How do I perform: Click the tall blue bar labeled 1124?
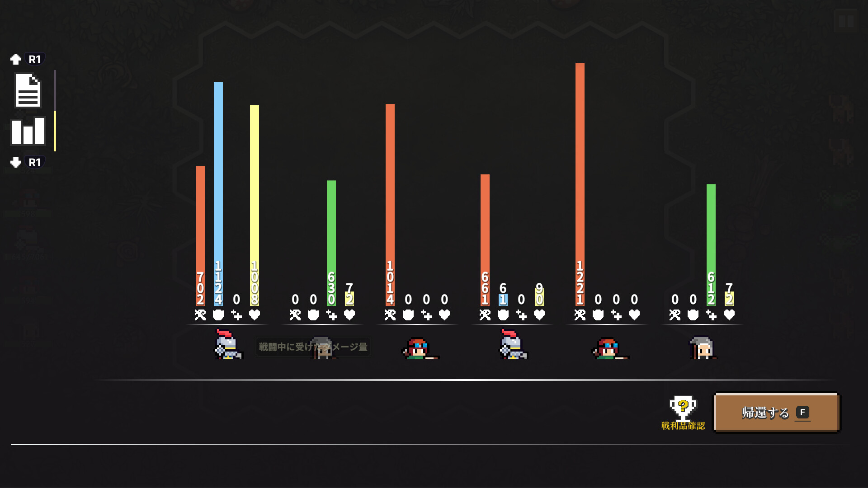point(218,181)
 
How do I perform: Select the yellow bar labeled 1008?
point(255,190)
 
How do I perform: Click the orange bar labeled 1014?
point(390,190)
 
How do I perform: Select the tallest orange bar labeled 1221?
point(580,172)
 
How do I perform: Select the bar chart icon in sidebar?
point(28,131)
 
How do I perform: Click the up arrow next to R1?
point(16,59)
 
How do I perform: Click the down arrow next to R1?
point(16,162)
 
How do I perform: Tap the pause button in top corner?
point(846,21)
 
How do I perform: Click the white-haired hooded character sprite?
point(703,348)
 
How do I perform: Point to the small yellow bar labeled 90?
point(539,296)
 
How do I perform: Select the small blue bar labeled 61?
point(503,300)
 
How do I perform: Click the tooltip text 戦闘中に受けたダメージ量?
point(313,347)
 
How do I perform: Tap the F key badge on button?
point(802,412)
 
